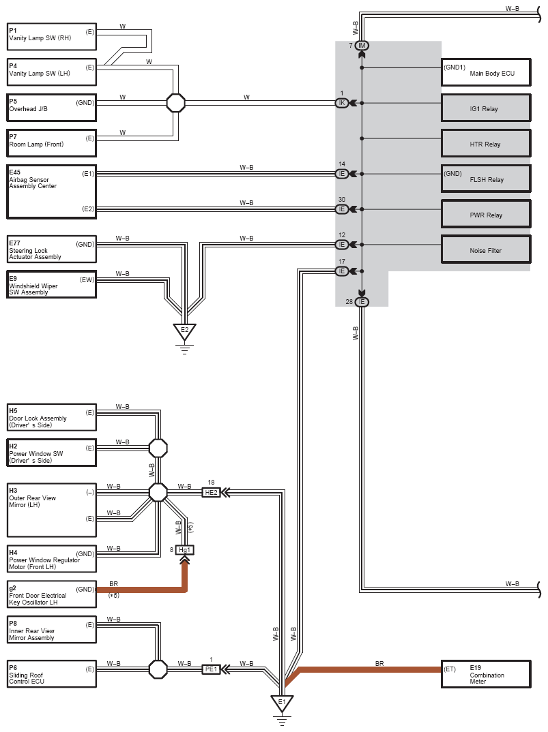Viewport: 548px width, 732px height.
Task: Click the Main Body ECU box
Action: coord(486,72)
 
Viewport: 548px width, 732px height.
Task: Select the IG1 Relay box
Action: coord(486,108)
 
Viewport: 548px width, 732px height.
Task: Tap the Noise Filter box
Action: coord(486,249)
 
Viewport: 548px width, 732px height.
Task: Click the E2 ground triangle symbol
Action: coord(185,331)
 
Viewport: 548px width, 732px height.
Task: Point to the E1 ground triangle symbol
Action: coord(282,703)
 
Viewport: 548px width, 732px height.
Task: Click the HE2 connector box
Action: coord(212,492)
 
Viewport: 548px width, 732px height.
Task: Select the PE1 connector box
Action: coord(212,669)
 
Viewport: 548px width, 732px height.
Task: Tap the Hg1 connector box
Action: coord(185,550)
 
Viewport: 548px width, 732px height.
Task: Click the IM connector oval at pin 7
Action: coord(362,45)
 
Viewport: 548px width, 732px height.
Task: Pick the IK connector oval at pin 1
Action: coord(342,103)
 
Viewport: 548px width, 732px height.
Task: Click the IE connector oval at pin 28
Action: coord(362,302)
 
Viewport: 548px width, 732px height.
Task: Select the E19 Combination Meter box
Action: coord(486,674)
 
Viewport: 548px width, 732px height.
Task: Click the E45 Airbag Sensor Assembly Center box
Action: coord(51,192)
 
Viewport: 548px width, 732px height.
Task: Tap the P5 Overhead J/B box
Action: coord(51,108)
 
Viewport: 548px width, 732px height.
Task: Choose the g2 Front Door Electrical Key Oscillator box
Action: coord(51,594)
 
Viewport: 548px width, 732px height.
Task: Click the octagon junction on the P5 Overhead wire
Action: coord(176,103)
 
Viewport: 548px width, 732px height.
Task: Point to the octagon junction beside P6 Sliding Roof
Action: coord(158,669)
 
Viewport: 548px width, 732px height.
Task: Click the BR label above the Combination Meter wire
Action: coord(379,663)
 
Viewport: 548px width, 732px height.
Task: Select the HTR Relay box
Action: coord(486,143)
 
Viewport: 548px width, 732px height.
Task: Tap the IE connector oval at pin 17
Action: coord(342,271)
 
